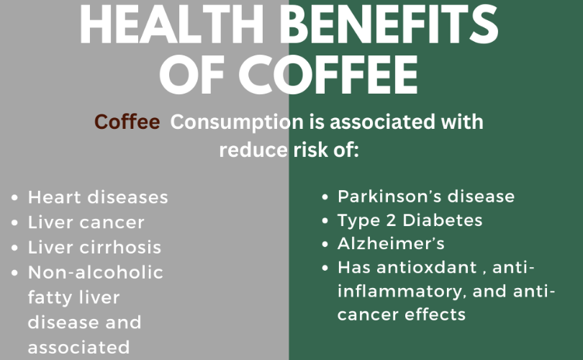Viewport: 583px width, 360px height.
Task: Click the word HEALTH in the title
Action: click(171, 24)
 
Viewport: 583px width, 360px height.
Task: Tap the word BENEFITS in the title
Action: click(389, 24)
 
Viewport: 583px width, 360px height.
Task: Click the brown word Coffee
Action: click(127, 122)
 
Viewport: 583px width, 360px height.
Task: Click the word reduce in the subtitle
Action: click(253, 150)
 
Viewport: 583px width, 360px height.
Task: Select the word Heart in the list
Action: click(55, 197)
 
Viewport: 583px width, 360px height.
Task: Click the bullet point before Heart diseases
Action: click(14, 198)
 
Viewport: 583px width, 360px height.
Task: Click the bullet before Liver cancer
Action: click(14, 222)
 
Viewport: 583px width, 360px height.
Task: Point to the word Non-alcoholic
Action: click(96, 273)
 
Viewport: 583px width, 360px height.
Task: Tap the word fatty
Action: click(50, 298)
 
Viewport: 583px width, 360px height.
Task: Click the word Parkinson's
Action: click(389, 197)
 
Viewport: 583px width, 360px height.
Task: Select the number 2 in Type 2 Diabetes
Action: click(391, 220)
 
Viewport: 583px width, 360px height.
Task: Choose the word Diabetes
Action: click(443, 220)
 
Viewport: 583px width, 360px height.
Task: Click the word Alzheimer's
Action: click(391, 243)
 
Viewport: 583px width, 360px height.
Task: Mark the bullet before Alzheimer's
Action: click(325, 244)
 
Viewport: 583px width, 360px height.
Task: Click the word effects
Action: click(435, 315)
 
